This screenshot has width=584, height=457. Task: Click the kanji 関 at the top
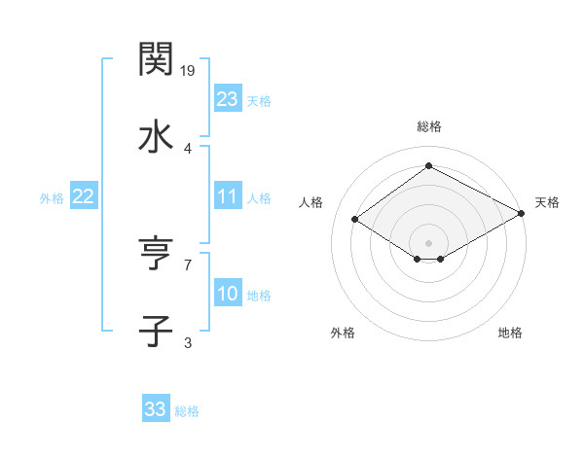point(156,59)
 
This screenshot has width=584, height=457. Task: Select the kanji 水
point(156,137)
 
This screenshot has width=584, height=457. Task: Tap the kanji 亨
point(156,254)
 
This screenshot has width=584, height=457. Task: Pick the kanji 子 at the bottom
point(156,331)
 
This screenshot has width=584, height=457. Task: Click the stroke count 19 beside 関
point(188,71)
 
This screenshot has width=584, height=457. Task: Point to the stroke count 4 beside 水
point(188,149)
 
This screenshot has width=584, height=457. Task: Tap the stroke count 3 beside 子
point(188,342)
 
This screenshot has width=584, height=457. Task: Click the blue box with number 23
point(228,99)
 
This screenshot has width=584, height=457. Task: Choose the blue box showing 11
point(228,196)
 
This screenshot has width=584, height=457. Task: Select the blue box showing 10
point(228,294)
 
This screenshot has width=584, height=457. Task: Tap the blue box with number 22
point(83,196)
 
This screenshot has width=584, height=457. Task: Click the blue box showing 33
point(156,409)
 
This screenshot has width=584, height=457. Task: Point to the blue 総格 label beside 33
point(187,411)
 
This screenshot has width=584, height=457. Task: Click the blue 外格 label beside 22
point(52,197)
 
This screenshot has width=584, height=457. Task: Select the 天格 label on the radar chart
point(547,202)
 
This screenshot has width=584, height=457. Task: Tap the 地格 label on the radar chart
point(510,333)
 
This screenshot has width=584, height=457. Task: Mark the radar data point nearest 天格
point(523,213)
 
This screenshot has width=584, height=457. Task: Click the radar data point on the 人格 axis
point(355,220)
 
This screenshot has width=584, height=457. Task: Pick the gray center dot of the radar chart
point(429,242)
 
